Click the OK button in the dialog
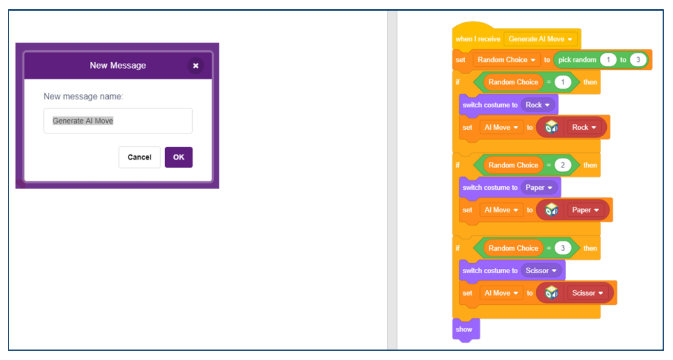point(178,157)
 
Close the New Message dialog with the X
point(196,65)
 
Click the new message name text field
point(118,120)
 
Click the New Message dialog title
point(118,65)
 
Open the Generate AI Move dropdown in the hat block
point(540,39)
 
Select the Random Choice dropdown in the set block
point(507,60)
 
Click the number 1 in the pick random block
point(608,60)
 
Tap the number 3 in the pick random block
point(638,60)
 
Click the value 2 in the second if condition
point(563,165)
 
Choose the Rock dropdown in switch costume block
point(537,105)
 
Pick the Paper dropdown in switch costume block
point(539,187)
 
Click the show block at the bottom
point(466,329)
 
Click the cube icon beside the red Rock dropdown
point(551,127)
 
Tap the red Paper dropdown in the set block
point(585,210)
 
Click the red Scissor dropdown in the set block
point(587,293)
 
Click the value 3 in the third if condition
point(563,248)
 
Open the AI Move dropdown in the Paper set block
point(501,210)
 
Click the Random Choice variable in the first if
point(513,82)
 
